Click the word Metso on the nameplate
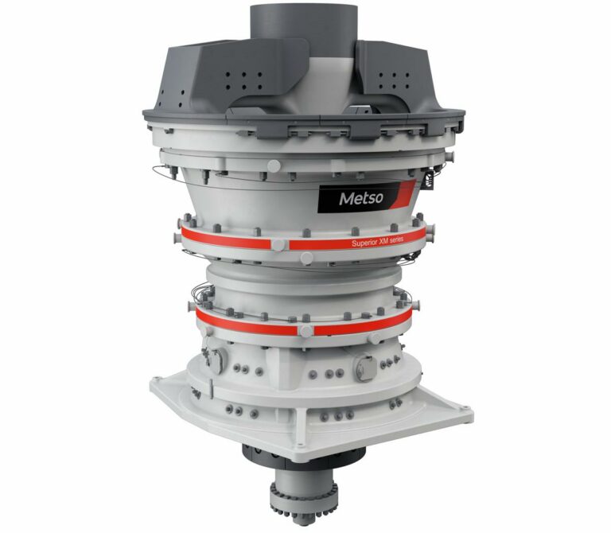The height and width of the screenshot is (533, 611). (x=361, y=198)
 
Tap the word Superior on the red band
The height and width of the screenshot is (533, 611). (x=363, y=243)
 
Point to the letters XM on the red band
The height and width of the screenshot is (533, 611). (x=380, y=241)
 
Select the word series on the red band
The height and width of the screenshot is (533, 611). (x=395, y=239)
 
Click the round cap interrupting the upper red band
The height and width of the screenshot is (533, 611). (x=279, y=245)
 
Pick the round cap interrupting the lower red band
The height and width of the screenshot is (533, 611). (x=305, y=331)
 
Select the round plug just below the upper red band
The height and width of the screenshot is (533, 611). (x=306, y=259)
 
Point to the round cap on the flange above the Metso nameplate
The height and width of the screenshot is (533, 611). (x=274, y=166)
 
